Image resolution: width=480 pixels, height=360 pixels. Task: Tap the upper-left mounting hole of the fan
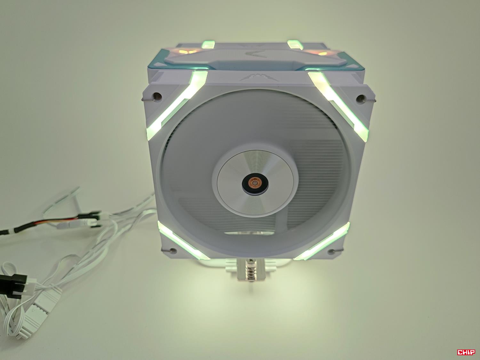pos(157,95)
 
